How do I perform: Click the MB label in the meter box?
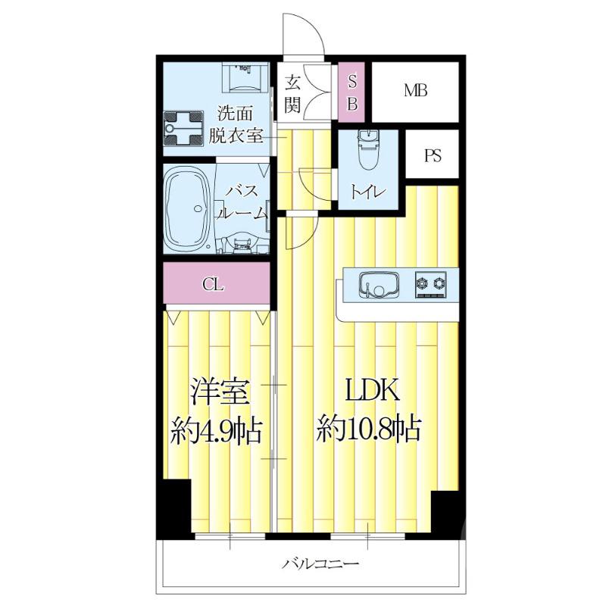coord(415,91)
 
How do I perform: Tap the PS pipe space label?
coord(433,157)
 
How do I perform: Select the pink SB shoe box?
coord(351,92)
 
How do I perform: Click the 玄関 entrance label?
coord(294,92)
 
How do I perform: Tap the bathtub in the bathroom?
coord(189,210)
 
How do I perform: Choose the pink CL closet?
coord(214,285)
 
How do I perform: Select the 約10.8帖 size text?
coord(369,430)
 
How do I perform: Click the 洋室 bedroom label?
coord(216,393)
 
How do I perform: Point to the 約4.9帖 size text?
coord(215,431)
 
